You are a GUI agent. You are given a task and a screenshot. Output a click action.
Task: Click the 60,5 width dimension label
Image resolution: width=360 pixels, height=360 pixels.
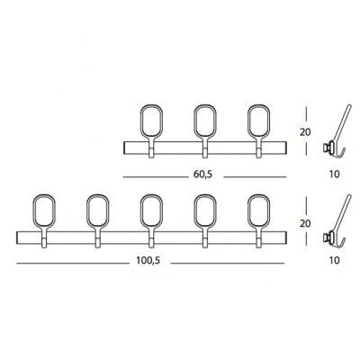pos(202,175)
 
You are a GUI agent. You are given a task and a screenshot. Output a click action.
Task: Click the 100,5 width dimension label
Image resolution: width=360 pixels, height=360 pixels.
pos(148,261)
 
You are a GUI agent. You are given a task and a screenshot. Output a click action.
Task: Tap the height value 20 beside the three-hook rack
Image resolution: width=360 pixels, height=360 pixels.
pos(305,132)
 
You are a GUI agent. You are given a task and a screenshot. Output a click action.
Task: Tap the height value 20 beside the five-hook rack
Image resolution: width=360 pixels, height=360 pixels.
pos(305,224)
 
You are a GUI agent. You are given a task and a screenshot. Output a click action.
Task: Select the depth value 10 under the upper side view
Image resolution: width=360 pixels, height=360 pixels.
pos(334,175)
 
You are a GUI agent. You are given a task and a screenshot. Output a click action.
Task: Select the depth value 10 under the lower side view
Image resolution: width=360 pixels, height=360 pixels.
pos(334,261)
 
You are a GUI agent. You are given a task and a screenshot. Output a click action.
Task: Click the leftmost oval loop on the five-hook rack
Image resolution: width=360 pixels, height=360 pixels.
pos(32,210)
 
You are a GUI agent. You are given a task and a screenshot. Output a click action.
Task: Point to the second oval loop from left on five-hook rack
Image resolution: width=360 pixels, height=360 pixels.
pos(86,210)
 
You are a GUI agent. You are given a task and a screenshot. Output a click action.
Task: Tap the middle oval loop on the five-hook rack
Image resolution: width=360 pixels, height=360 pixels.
pos(140,210)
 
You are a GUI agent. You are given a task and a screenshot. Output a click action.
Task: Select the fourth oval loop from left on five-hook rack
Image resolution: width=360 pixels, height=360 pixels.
pos(194,210)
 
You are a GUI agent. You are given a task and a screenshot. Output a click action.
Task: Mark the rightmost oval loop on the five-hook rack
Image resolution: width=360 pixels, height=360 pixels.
pos(248,210)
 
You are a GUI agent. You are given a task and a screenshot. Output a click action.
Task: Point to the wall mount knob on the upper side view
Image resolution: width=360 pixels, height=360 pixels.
pos(326,148)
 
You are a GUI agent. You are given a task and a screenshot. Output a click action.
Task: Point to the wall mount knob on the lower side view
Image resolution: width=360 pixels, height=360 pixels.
pos(326,238)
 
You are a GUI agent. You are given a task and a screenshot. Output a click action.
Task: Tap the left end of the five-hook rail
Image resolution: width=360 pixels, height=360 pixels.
pos(17,238)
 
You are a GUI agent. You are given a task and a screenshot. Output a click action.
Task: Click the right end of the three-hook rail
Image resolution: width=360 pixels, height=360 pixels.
pos(286,148)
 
